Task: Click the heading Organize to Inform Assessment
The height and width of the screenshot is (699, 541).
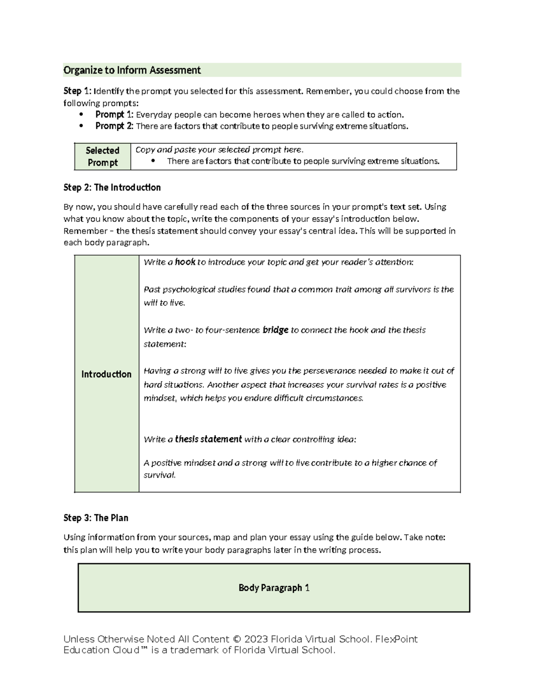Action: (x=132, y=70)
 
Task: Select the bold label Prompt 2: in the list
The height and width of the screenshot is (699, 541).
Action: (x=114, y=126)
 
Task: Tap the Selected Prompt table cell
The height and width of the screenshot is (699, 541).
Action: (x=102, y=156)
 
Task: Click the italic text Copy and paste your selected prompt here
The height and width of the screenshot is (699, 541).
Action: (x=220, y=150)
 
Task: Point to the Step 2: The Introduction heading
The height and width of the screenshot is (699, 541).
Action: (x=112, y=187)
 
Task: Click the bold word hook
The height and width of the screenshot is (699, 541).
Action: (x=185, y=262)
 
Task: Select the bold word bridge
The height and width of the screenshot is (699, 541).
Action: (x=275, y=330)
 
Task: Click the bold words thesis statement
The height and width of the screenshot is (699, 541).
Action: (x=208, y=439)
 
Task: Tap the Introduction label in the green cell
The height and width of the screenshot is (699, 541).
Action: (x=106, y=374)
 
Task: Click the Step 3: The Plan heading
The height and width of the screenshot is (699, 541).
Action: (x=96, y=518)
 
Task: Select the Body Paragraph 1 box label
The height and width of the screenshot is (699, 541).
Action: (x=274, y=587)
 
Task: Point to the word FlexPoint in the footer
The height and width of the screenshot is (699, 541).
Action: (x=396, y=639)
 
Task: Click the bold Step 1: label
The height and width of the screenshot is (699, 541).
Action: (x=77, y=91)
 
